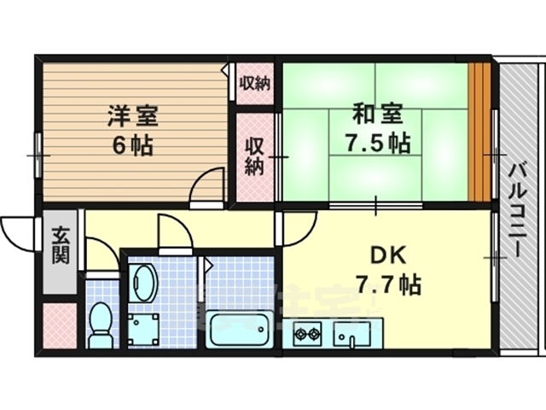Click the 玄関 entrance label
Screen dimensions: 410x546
coord(60,246)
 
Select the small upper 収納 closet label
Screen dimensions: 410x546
coord(254,84)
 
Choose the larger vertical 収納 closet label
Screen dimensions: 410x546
coord(255,156)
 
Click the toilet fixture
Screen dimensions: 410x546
coord(101,325)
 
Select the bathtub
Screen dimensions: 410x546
coord(239,329)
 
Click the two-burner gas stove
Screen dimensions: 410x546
coord(307,332)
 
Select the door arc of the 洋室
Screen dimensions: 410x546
coord(206,186)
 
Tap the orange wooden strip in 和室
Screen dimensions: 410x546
coord(481,132)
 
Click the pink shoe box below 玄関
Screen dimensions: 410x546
coord(60,323)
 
